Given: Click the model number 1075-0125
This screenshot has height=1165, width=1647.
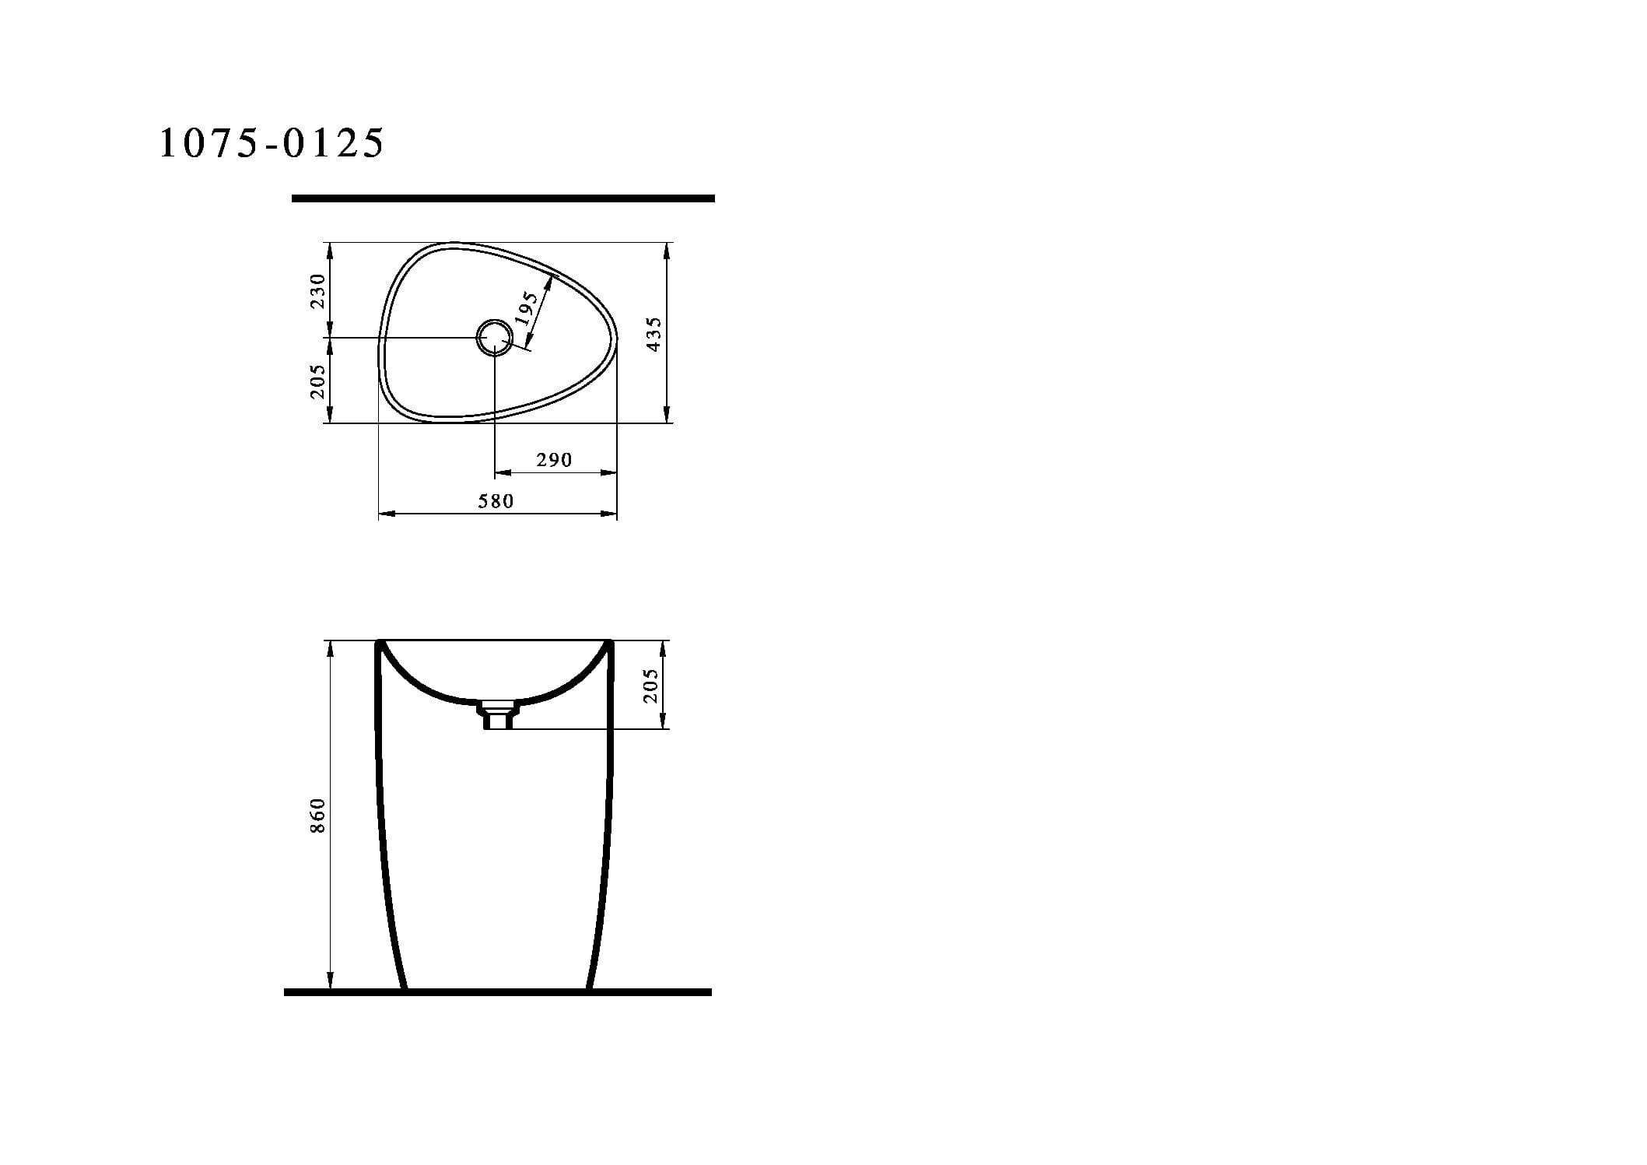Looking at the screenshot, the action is tap(272, 143).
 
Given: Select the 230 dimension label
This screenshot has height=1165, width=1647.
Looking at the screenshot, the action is tap(317, 290).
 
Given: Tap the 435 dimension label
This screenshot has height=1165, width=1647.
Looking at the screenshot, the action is tap(654, 334).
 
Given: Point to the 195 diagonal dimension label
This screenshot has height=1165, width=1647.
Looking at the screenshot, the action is tap(527, 308).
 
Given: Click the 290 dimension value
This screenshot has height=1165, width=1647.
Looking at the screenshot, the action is tap(554, 460).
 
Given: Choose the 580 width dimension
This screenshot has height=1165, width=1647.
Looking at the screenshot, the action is tap(496, 501).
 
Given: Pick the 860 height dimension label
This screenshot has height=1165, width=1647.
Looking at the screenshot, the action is tap(317, 816).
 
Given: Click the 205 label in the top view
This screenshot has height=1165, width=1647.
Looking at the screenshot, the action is tap(317, 381).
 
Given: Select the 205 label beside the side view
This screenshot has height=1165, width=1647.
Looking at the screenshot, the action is tap(651, 686).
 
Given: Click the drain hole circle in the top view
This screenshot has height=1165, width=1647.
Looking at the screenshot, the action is tap(495, 338).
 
